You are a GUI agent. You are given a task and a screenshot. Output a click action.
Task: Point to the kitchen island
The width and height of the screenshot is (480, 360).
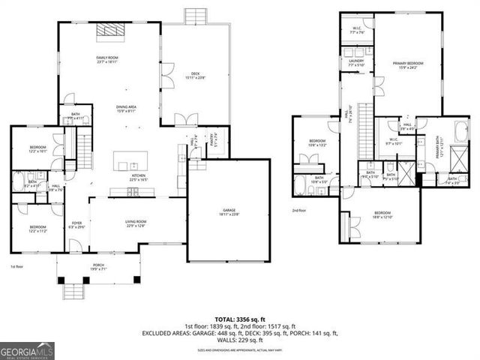coord(129,163)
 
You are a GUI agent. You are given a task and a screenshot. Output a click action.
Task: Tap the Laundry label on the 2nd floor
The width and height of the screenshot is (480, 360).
coord(355,64)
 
